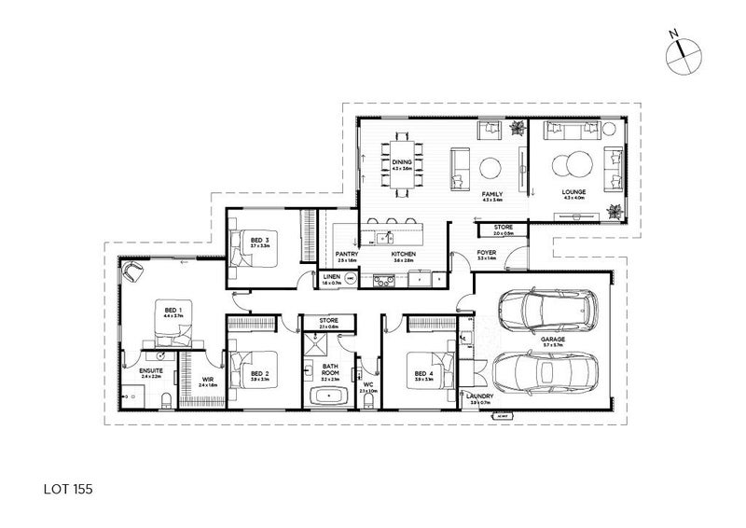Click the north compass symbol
[x=684, y=54]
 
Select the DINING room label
[x=402, y=162]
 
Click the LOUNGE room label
[x=572, y=193]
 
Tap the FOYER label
[x=486, y=253]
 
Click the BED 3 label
[x=260, y=240]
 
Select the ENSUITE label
[x=151, y=370]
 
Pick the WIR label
[x=207, y=379]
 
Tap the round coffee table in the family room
[x=491, y=168]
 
